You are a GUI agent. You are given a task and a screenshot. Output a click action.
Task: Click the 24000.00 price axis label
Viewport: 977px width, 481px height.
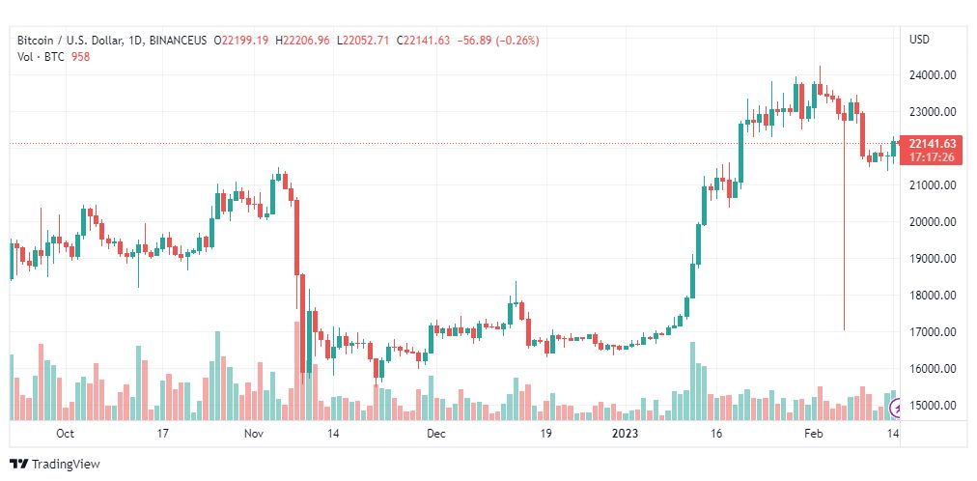click(x=933, y=75)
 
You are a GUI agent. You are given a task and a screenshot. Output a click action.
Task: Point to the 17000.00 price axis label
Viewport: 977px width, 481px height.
click(x=933, y=332)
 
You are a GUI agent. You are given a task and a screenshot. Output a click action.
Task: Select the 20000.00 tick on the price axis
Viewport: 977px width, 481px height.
click(x=933, y=222)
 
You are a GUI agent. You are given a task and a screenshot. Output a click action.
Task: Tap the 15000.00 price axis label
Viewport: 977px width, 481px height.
click(x=933, y=406)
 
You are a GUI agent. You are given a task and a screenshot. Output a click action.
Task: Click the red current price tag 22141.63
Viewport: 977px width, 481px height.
click(x=933, y=143)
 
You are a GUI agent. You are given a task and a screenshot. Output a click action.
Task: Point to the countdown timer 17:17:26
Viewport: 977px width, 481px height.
click(x=933, y=157)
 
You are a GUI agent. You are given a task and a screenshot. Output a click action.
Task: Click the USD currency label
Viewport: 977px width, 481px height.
click(x=920, y=40)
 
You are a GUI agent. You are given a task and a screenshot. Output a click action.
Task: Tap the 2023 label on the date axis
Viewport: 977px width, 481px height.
click(x=625, y=434)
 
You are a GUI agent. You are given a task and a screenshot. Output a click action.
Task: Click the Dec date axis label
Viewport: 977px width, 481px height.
click(x=436, y=434)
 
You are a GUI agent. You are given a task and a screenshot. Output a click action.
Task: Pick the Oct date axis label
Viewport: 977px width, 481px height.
click(x=65, y=434)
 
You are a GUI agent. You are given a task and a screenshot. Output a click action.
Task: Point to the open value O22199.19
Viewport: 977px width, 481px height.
click(x=241, y=41)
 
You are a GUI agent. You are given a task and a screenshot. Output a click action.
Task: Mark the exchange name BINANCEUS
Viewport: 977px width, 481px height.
click(x=179, y=41)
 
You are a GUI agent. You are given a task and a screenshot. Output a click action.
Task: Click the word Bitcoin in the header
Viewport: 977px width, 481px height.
click(x=34, y=41)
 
